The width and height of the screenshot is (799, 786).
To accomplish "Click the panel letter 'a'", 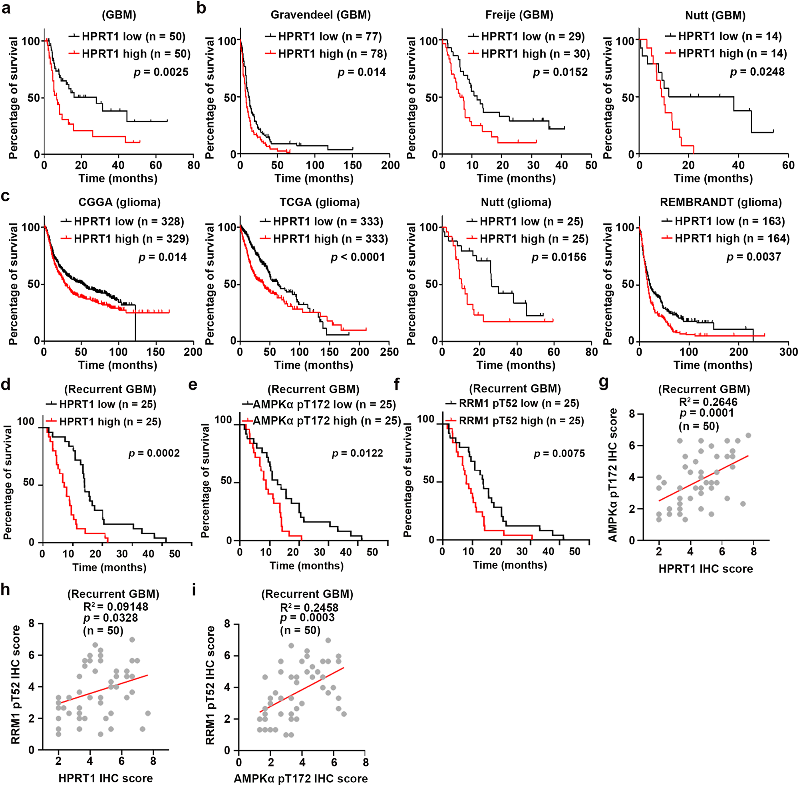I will point(6,9).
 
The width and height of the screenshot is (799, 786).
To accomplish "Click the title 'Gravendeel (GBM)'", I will point(321,15).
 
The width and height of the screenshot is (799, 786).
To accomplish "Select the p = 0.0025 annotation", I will point(161,72).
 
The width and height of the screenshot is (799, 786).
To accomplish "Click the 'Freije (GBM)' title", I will point(519,15).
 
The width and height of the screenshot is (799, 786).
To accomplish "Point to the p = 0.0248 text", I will point(757,72).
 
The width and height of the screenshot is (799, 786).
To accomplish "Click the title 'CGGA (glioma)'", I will point(119,202).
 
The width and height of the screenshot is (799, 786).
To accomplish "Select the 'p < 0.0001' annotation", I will point(358,257).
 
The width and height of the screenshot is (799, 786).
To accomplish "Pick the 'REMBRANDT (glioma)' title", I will point(721,202).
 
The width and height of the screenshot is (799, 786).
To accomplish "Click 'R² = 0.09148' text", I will point(115,607).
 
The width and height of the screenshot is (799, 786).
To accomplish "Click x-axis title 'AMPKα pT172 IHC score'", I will point(301,778).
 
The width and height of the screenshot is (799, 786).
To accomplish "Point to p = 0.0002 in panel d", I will point(154,453).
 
